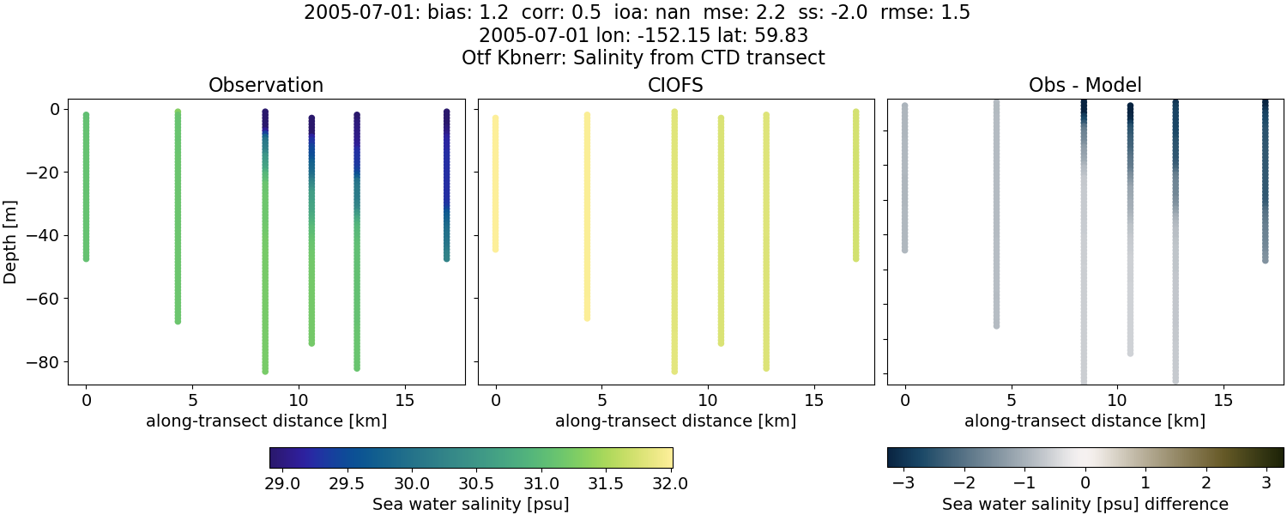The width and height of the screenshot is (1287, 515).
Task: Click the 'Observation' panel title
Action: pyautogui.click(x=266, y=85)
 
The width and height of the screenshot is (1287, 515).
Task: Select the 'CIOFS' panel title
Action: pyautogui.click(x=675, y=85)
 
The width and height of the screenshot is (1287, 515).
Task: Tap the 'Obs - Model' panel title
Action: pyautogui.click(x=1085, y=85)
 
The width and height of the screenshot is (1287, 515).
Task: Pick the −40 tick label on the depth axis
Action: pyautogui.click(x=40, y=235)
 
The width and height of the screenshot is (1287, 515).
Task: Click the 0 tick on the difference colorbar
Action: pyautogui.click(x=1085, y=483)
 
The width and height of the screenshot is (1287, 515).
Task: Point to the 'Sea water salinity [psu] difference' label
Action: pyautogui.click(x=1085, y=504)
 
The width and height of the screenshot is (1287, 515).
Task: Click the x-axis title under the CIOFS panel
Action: pyautogui.click(x=675, y=421)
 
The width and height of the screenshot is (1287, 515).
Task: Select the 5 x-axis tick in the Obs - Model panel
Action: pyautogui.click(x=1011, y=400)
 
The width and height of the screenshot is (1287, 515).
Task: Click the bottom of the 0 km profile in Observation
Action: pyautogui.click(x=86, y=257)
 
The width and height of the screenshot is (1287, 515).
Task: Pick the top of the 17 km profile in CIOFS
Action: pyautogui.click(x=855, y=112)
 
